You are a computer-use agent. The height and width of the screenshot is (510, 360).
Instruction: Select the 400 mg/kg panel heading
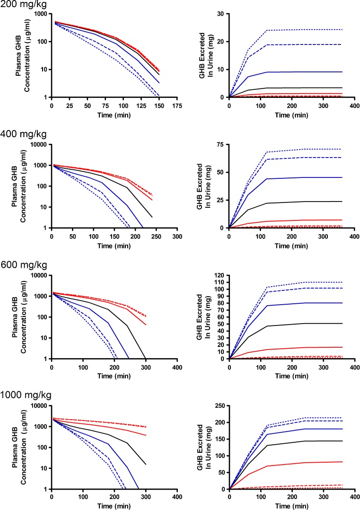20,134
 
